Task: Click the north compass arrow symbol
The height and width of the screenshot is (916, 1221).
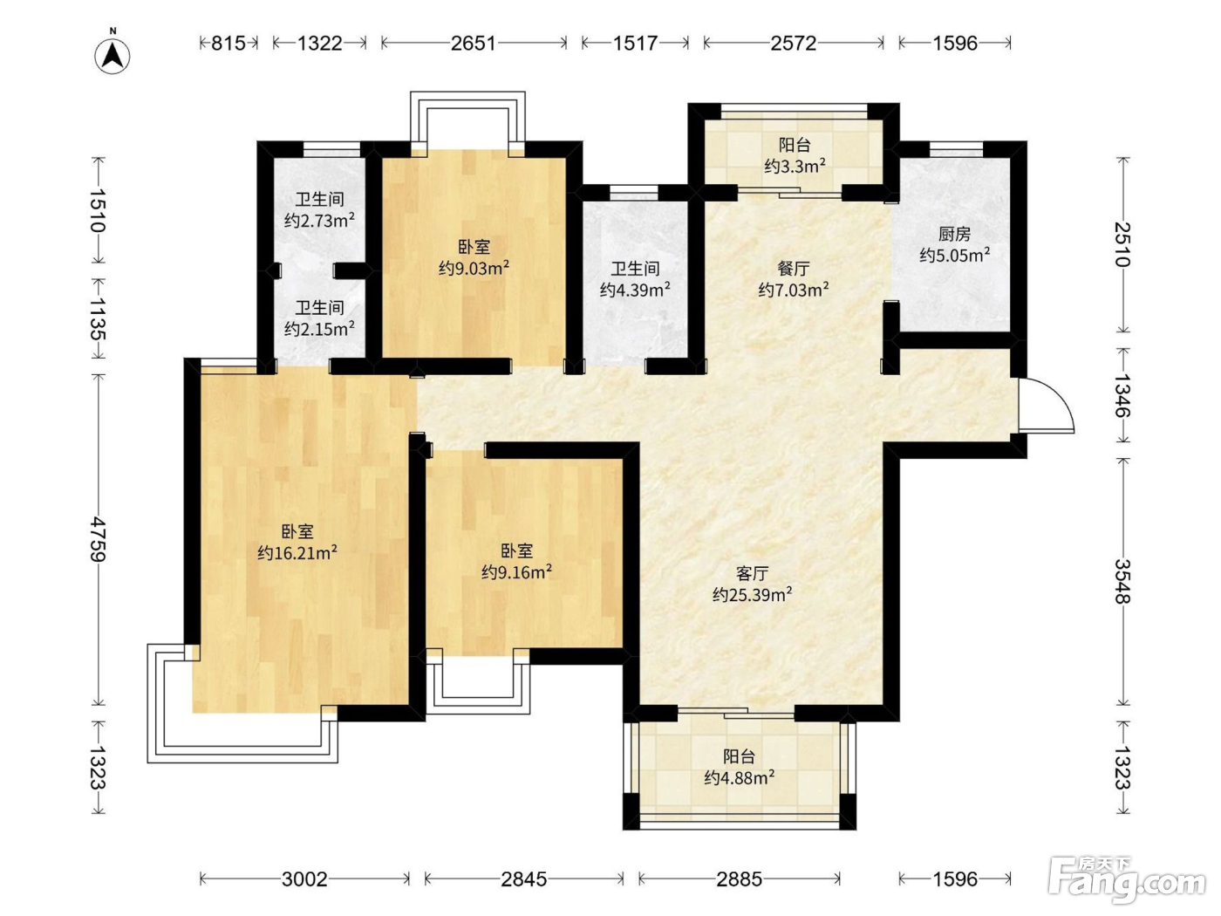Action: click(x=113, y=56)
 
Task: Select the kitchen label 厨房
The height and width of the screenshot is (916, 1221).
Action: click(x=954, y=235)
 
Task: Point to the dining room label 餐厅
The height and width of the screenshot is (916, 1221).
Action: click(x=794, y=269)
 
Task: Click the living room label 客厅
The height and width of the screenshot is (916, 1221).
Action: click(x=752, y=573)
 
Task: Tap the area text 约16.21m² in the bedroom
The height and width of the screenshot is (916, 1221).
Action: click(x=297, y=553)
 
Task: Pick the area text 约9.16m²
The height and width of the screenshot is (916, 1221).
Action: click(x=517, y=571)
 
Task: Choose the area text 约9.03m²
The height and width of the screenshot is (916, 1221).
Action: click(x=474, y=268)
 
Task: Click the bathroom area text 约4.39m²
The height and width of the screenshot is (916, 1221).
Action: click(x=635, y=290)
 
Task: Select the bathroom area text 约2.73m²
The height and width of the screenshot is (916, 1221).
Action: click(x=319, y=221)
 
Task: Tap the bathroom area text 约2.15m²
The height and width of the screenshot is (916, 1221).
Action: click(x=319, y=329)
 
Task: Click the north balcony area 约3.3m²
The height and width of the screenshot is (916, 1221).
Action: click(x=795, y=167)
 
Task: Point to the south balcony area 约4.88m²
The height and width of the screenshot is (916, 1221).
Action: click(x=740, y=777)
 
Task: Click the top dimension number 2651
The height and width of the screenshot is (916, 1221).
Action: click(x=473, y=44)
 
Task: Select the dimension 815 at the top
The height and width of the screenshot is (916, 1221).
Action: click(x=229, y=44)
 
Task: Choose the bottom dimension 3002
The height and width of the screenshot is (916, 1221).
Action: click(x=305, y=879)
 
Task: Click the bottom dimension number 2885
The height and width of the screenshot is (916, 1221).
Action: click(x=740, y=879)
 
